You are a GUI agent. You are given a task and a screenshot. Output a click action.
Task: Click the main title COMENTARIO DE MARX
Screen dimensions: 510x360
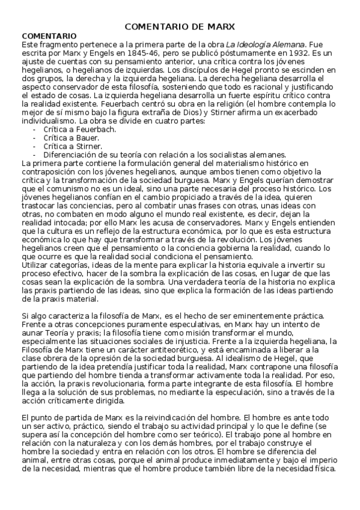pyautogui.click(x=180, y=26)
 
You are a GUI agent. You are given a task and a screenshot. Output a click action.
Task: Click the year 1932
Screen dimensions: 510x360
pyautogui.click(x=299, y=52)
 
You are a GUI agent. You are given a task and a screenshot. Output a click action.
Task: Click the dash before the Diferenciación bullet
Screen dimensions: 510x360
pyautogui.click(x=35, y=154)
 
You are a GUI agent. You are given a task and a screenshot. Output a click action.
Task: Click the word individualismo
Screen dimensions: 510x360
pyautogui.click(x=49, y=120)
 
